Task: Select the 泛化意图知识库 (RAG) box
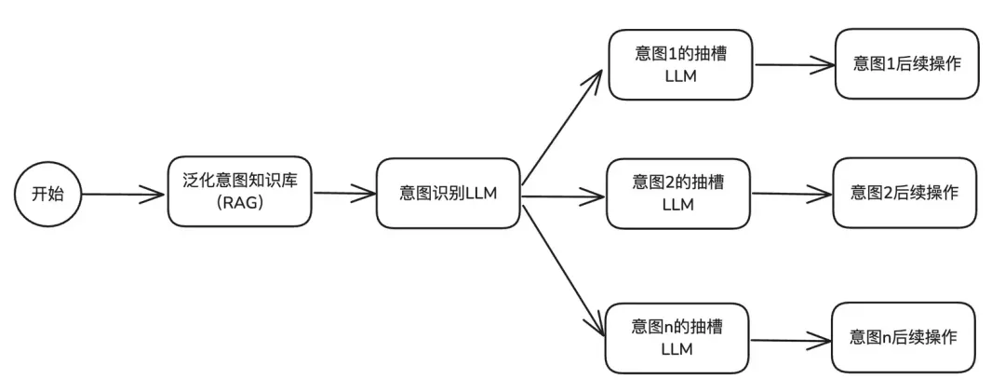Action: click(239, 192)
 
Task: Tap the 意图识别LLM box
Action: click(448, 193)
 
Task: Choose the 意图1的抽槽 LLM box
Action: click(679, 64)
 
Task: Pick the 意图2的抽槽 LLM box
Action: click(678, 193)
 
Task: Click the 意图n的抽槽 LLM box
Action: click(677, 337)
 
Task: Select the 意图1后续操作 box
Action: click(906, 64)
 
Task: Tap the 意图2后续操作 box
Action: click(904, 193)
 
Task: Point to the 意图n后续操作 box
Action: click(904, 337)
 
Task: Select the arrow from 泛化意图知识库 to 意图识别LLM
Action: click(343, 195)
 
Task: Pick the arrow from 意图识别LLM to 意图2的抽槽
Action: click(563, 196)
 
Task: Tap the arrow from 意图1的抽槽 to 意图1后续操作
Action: click(793, 66)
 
